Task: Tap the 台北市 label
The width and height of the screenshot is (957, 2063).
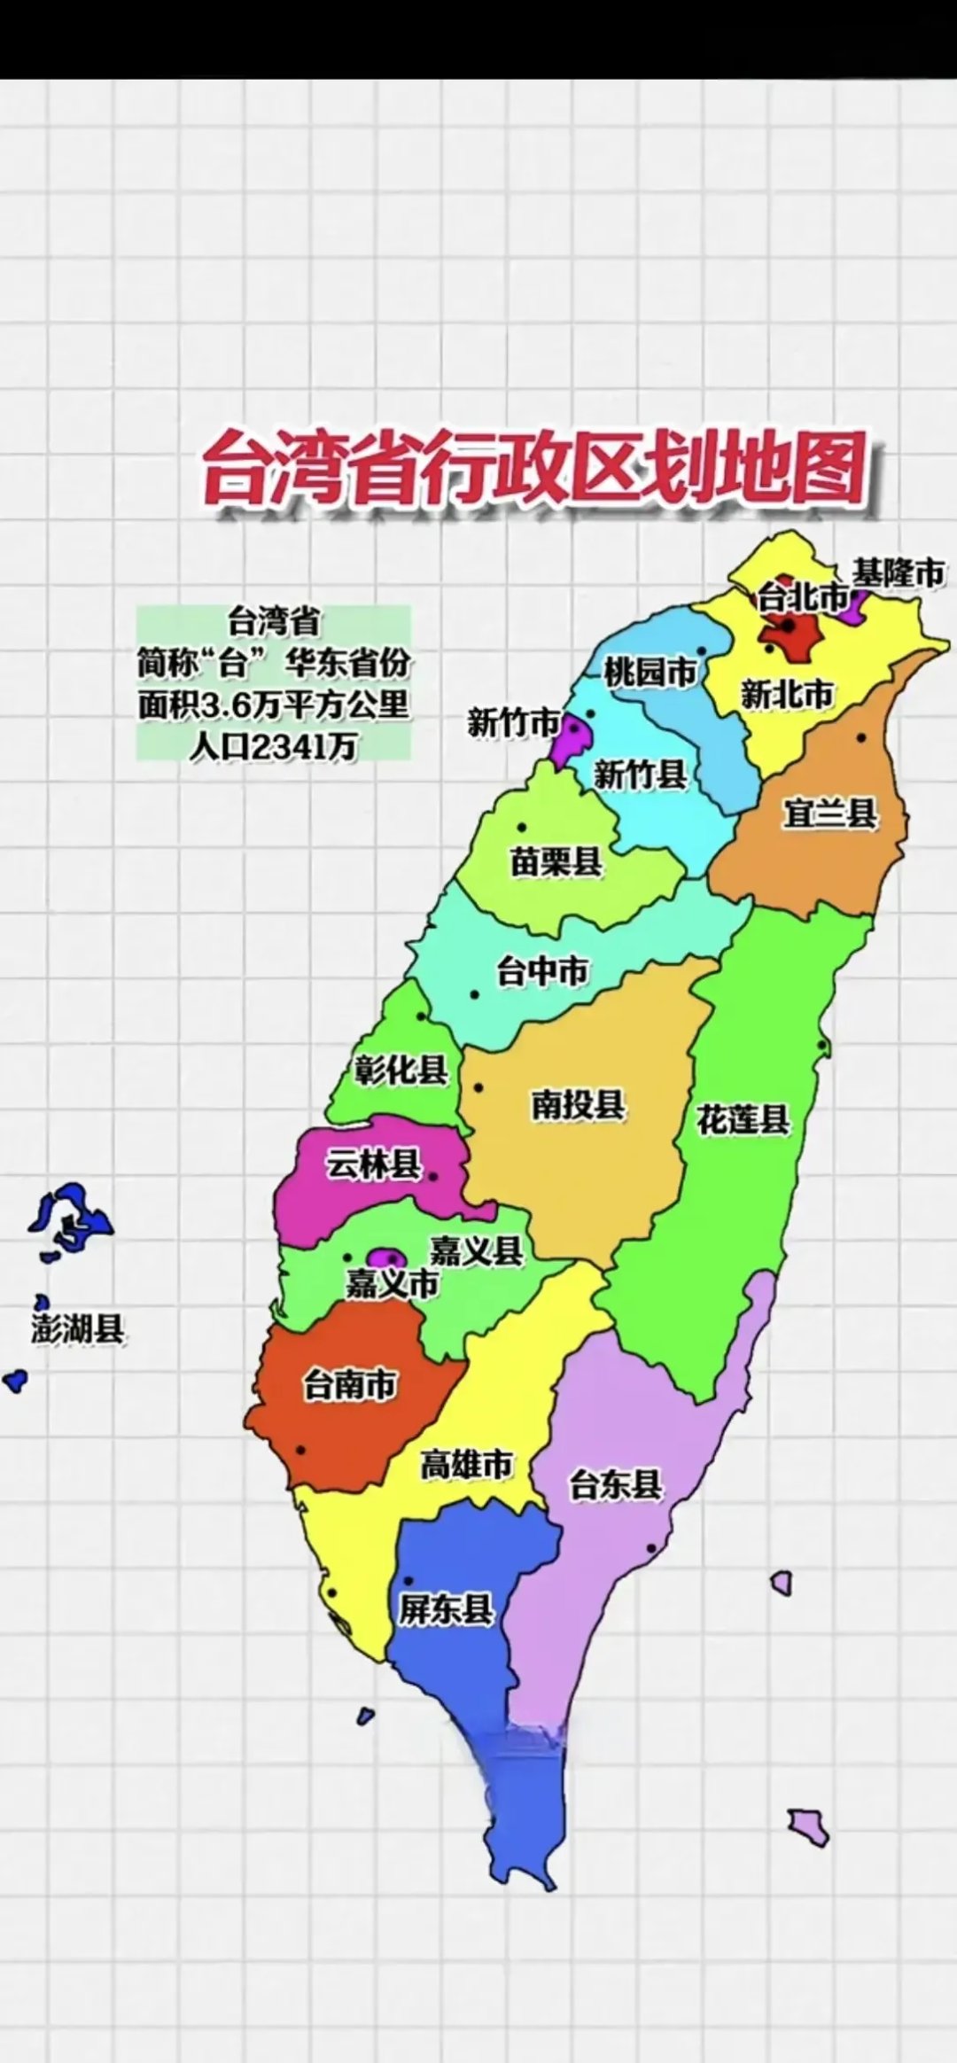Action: [802, 598]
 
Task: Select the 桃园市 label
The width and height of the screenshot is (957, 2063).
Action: [650, 673]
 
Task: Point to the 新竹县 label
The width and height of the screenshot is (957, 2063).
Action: [640, 775]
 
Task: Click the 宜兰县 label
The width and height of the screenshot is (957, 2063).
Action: [829, 813]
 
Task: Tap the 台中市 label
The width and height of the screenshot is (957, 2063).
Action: [542, 971]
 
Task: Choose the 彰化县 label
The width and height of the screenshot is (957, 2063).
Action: [401, 1070]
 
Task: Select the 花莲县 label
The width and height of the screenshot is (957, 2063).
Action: [743, 1119]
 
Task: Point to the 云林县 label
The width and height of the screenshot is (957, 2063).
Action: [373, 1164]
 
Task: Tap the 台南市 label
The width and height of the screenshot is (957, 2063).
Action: [350, 1384]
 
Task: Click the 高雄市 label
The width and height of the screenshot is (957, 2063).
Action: [466, 1465]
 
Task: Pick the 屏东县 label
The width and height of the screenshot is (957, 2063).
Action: [445, 1609]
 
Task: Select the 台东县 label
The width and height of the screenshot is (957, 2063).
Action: [615, 1484]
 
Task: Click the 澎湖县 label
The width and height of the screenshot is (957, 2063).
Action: [77, 1329]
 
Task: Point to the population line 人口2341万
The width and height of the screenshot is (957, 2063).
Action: [273, 747]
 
